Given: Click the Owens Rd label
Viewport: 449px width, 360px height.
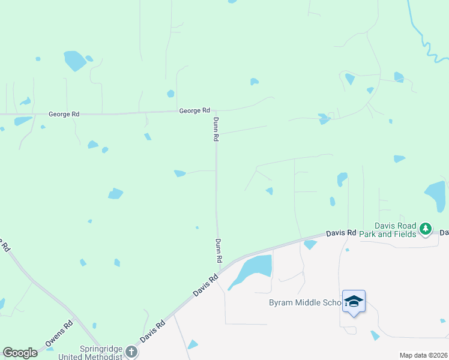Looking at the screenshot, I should [59, 335].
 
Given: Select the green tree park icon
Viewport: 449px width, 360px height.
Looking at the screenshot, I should [426, 229].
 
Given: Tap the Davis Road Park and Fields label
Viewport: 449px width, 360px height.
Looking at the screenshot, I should [388, 229].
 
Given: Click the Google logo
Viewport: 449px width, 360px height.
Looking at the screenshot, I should [20, 353].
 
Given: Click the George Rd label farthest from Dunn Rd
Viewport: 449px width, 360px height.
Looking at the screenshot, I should [64, 113].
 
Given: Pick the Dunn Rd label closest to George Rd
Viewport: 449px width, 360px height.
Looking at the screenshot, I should [215, 129].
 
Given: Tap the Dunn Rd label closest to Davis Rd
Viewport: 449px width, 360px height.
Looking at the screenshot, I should [219, 251].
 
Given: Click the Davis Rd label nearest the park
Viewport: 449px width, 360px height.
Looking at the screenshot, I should [341, 233].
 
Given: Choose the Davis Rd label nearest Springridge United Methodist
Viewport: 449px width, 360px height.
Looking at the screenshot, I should [152, 331].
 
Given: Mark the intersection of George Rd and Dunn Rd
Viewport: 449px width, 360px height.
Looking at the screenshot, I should [215, 110].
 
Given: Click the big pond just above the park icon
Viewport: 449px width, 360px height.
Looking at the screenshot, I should [436, 196].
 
